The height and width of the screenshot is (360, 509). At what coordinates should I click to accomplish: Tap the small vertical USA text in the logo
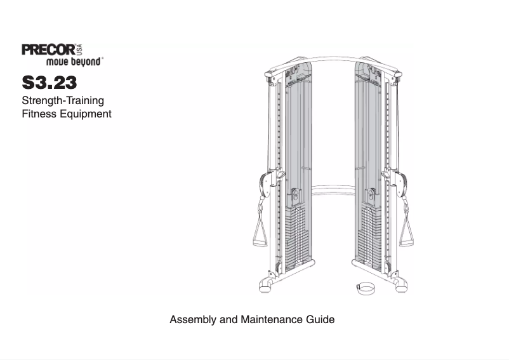pyautogui.click(x=80, y=50)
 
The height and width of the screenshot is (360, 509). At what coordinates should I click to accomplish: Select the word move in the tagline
pyautogui.click(x=58, y=62)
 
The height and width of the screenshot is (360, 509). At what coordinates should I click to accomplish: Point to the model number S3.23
pyautogui.click(x=50, y=83)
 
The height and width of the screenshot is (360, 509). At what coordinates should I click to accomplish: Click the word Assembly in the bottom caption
pyautogui.click(x=193, y=319)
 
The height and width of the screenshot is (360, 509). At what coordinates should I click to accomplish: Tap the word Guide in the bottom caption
pyautogui.click(x=319, y=319)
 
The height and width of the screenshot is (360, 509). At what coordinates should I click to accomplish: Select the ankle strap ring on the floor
pyautogui.click(x=364, y=290)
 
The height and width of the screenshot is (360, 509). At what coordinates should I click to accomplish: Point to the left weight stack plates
pyautogui.click(x=296, y=238)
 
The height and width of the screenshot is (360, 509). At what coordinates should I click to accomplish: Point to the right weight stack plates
pyautogui.click(x=369, y=238)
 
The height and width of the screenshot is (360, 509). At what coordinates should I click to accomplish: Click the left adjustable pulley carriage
pyautogui.click(x=266, y=183)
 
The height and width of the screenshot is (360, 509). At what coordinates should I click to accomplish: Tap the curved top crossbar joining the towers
pyautogui.click(x=333, y=62)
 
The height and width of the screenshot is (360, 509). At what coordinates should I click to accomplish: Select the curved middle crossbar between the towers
pyautogui.click(x=333, y=187)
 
